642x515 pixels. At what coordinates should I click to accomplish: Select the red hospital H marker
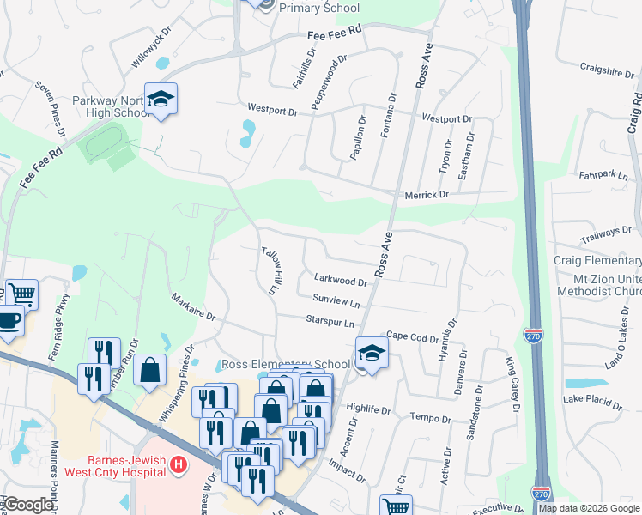[x=179, y=466]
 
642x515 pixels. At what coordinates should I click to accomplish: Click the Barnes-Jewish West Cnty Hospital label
[x=114, y=466]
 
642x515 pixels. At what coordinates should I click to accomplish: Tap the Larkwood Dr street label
[x=341, y=280]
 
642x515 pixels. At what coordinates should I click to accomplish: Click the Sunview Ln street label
[x=336, y=301]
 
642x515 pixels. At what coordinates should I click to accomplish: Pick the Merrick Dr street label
[x=433, y=195]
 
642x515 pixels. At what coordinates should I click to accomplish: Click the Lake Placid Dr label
[x=592, y=400]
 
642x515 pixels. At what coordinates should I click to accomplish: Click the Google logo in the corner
[x=28, y=505]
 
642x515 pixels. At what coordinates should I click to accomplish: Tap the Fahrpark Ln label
[x=604, y=175]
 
